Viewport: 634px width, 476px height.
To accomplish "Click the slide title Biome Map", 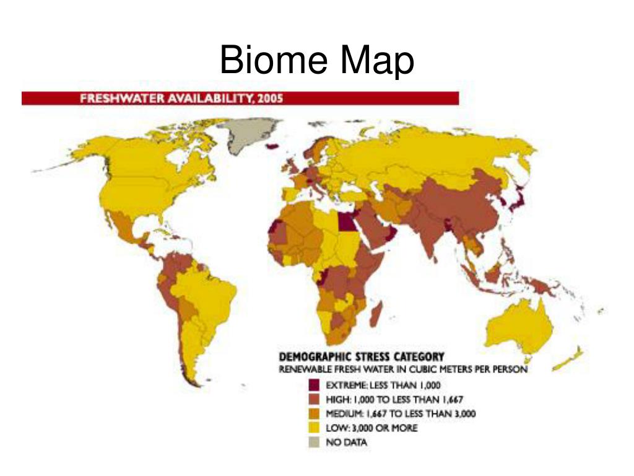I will point(316,62).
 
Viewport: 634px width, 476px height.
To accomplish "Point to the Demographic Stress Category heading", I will point(362,358).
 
